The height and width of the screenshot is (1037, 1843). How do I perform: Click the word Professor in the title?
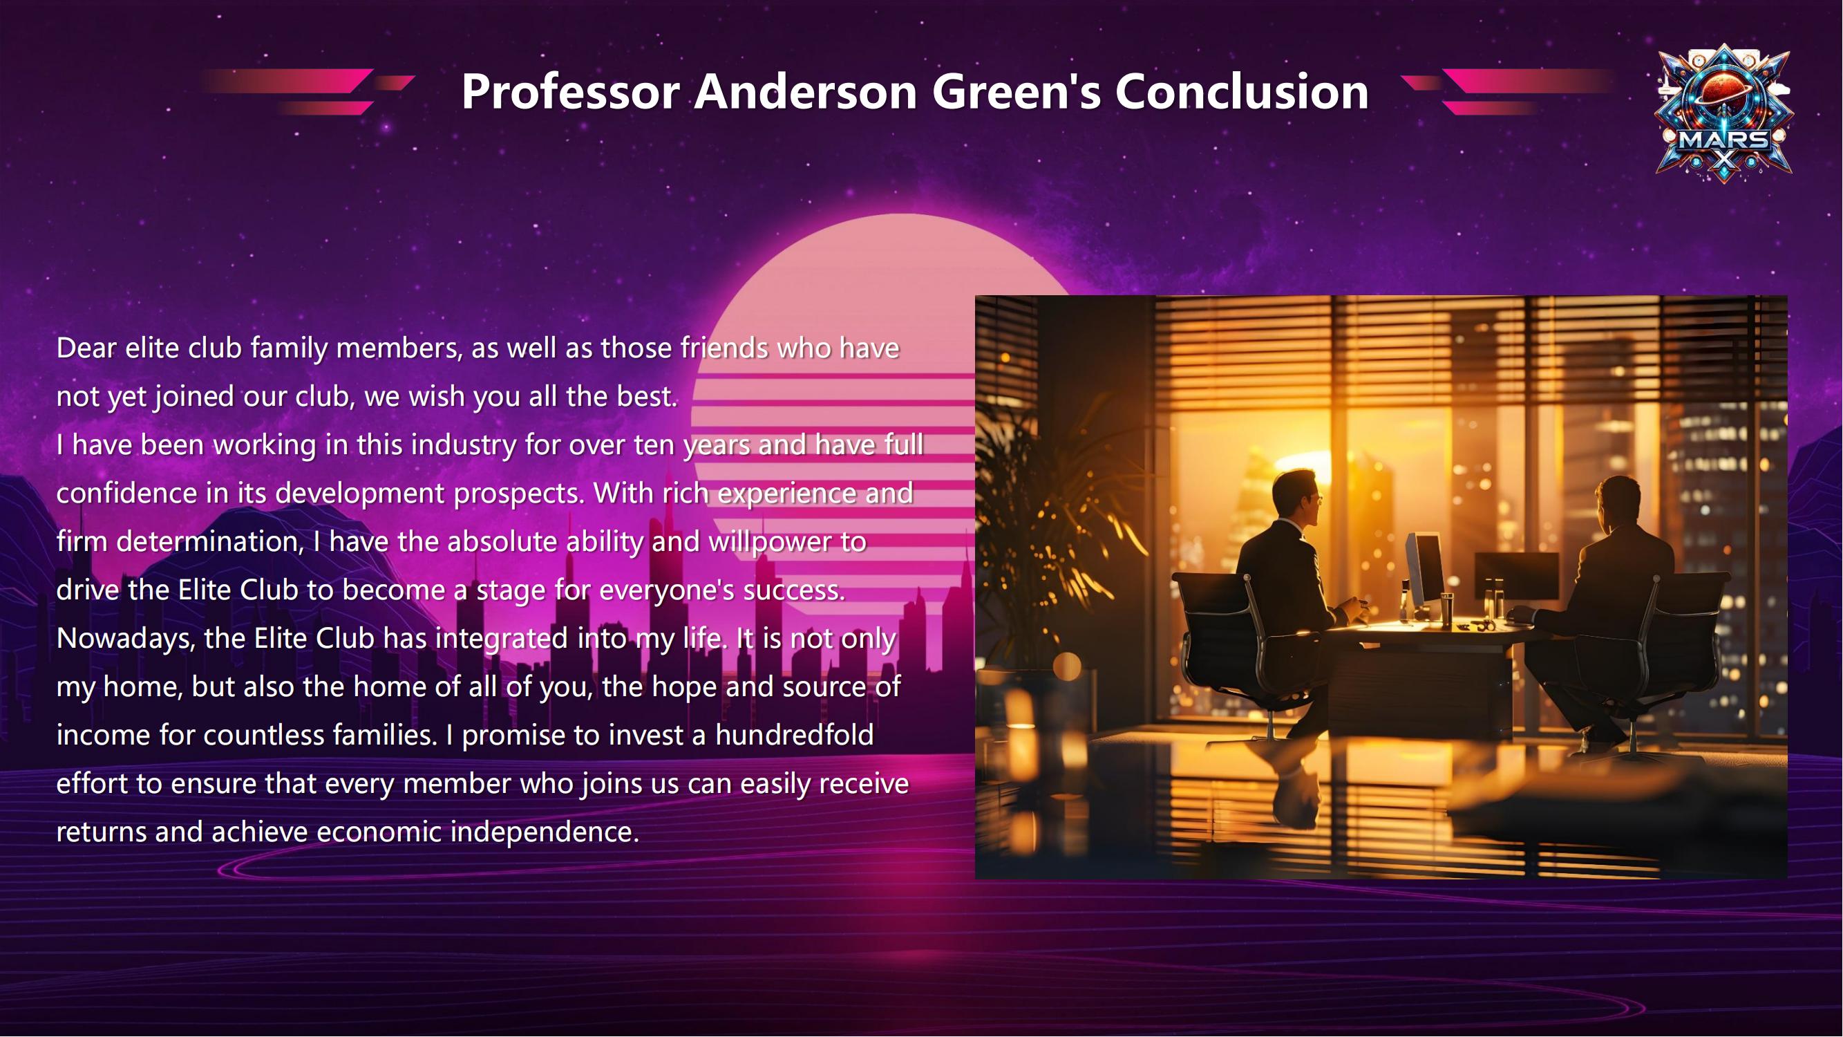pos(570,92)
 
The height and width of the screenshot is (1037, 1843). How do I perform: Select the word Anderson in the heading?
pos(806,92)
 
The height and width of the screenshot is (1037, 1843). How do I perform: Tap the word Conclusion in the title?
pos(1241,92)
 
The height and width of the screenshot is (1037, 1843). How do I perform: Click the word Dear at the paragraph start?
pos(86,348)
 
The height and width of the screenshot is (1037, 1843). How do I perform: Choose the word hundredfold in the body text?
pos(794,735)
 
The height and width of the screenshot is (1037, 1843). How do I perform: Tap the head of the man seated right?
pos(1618,505)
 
